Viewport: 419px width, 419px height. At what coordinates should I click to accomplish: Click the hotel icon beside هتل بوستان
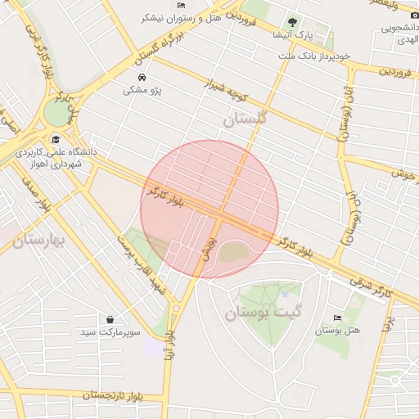click(336, 318)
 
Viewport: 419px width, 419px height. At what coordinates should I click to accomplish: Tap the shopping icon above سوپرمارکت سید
click(110, 319)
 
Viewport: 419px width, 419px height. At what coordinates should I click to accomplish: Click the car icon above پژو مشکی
click(144, 77)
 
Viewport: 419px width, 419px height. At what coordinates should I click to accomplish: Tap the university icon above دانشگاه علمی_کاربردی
click(56, 139)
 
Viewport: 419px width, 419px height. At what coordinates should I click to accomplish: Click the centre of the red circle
click(209, 209)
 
